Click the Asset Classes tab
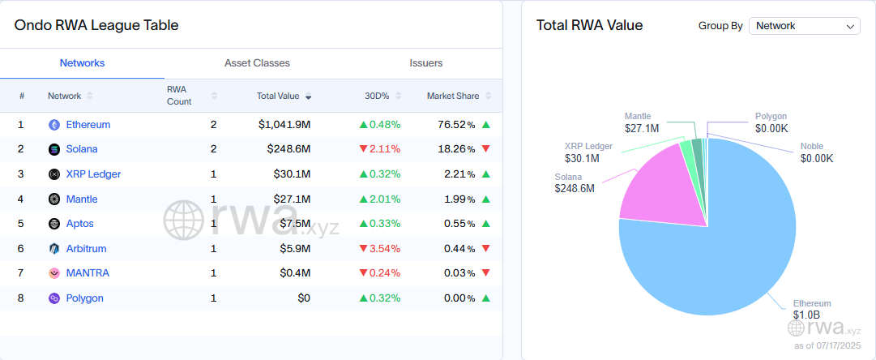coord(257,63)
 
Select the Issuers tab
coord(425,63)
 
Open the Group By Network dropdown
coord(804,26)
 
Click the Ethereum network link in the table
coord(88,125)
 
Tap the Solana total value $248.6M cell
coord(290,149)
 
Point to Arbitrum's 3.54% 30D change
coord(380,248)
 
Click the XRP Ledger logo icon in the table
coord(54,174)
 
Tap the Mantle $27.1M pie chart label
coord(641,122)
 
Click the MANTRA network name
coord(88,273)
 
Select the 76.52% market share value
coord(455,125)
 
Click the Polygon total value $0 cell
coord(303,298)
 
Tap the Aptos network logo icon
coord(54,224)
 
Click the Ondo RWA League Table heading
coord(96,25)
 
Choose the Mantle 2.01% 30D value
coord(380,199)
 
